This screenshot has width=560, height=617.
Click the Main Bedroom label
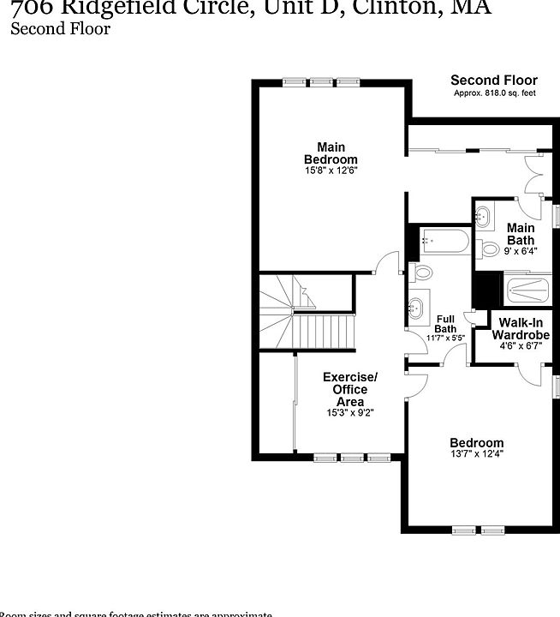tap(331, 153)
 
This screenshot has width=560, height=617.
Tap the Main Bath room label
tap(521, 234)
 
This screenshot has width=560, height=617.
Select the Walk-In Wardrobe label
tap(521, 329)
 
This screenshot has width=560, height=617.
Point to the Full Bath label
tap(446, 323)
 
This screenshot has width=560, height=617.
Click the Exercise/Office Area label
tap(349, 389)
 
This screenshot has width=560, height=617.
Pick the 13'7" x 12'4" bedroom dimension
tap(476, 455)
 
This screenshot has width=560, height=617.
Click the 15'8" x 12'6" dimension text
tap(331, 171)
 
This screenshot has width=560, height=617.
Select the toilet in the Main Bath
tap(489, 249)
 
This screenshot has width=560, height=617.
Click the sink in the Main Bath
tap(483, 215)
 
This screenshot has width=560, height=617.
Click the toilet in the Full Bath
tap(422, 273)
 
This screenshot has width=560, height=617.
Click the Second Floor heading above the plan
tap(494, 81)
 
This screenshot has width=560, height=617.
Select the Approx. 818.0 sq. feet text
tap(494, 93)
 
